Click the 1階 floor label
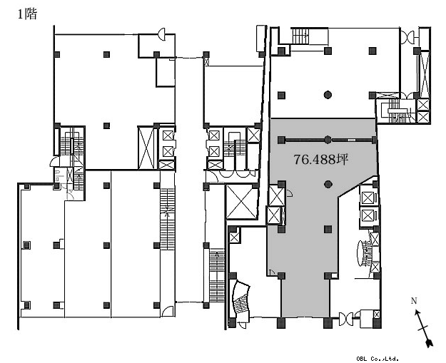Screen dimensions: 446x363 pyautogui.click(x=27, y=14)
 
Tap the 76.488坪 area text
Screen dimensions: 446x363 pyautogui.click(x=321, y=160)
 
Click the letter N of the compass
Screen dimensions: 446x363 pyautogui.click(x=414, y=300)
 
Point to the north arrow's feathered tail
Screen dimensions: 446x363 pyautogui.click(x=429, y=343)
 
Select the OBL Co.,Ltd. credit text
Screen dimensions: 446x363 pyautogui.click(x=377, y=359)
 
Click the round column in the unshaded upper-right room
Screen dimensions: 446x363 pyautogui.click(x=328, y=95)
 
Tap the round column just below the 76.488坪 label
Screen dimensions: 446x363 pyautogui.click(x=328, y=185)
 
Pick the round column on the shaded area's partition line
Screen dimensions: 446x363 pyautogui.click(x=328, y=140)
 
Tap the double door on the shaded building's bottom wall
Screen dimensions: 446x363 pyautogui.click(x=346, y=319)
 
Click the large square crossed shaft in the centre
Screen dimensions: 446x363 pyautogui.click(x=241, y=201)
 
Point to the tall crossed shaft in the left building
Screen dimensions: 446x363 pyautogui.click(x=146, y=148)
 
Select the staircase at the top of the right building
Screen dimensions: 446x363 pyautogui.click(x=300, y=36)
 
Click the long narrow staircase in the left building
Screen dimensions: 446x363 pyautogui.click(x=167, y=219)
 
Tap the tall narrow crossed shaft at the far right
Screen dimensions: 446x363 pyautogui.click(x=425, y=74)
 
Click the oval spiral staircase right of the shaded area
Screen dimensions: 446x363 pyautogui.click(x=364, y=253)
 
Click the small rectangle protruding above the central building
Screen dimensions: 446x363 pyautogui.click(x=261, y=39)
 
